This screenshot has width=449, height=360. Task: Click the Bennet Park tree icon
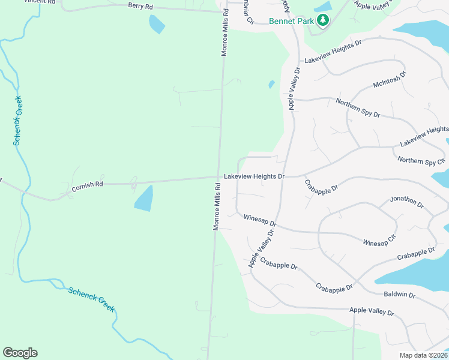pyautogui.click(x=324, y=20)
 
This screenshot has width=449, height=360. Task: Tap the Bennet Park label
pyautogui.click(x=292, y=21)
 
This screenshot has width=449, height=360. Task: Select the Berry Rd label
pyautogui.click(x=140, y=5)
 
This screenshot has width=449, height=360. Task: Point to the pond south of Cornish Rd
pyautogui.click(x=143, y=199)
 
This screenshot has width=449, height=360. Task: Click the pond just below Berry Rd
pyautogui.click(x=157, y=24)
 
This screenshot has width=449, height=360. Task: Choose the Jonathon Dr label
pyautogui.click(x=407, y=202)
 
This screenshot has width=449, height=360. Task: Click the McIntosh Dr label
pyautogui.click(x=390, y=82)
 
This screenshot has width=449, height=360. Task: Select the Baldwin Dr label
pyautogui.click(x=399, y=295)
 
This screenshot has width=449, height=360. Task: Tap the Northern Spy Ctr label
pyautogui.click(x=421, y=161)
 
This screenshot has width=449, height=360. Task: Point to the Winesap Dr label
pyautogui.click(x=260, y=220)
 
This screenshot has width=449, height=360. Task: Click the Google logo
pyautogui.click(x=20, y=353)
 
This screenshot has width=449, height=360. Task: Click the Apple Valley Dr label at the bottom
pyautogui.click(x=372, y=311)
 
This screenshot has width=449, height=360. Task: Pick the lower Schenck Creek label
pyautogui.click(x=91, y=299)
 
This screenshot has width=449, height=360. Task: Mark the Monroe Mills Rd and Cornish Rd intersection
pyautogui.click(x=218, y=178)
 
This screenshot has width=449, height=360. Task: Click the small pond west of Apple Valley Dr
pyautogui.click(x=271, y=85)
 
